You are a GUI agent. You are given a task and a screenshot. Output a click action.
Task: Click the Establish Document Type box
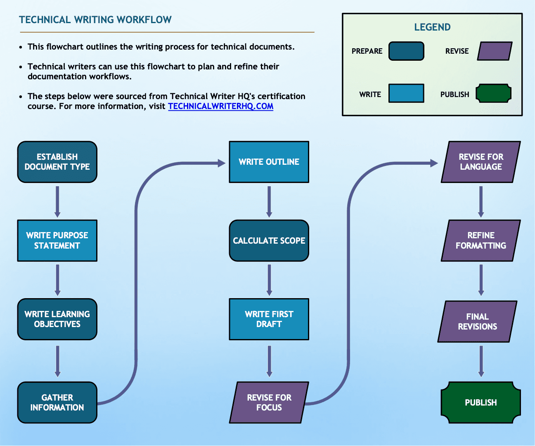point(57,162)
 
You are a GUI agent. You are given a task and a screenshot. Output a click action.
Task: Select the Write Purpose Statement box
point(57,240)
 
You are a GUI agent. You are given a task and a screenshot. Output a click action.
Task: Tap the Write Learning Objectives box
point(57,319)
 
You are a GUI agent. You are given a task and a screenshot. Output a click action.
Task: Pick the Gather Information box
point(57,402)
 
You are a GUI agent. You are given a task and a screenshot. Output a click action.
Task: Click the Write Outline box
point(269,162)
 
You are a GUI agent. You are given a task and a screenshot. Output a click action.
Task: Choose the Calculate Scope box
point(269,240)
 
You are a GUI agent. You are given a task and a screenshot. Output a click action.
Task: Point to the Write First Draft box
point(269,319)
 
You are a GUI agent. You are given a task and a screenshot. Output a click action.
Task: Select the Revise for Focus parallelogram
point(269,402)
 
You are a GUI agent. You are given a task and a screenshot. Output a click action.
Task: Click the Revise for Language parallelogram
point(481,162)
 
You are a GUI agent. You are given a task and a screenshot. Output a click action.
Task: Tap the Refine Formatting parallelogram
point(481,240)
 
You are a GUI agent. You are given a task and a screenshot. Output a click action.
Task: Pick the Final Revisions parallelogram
point(477,321)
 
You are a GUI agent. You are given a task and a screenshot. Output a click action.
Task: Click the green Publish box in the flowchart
point(481,402)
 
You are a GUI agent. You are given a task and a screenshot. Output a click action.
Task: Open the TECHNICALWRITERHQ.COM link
point(220,106)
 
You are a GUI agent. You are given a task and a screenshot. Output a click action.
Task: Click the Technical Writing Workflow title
point(95,20)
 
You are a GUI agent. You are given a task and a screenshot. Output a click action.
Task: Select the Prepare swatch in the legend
point(406,51)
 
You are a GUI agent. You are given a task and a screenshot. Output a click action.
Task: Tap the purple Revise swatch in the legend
point(495,51)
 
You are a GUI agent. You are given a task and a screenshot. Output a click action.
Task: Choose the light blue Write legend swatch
point(406,93)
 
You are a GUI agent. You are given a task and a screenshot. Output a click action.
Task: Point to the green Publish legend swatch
point(493,93)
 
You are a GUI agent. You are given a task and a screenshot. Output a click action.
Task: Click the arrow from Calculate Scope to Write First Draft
point(269,280)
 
